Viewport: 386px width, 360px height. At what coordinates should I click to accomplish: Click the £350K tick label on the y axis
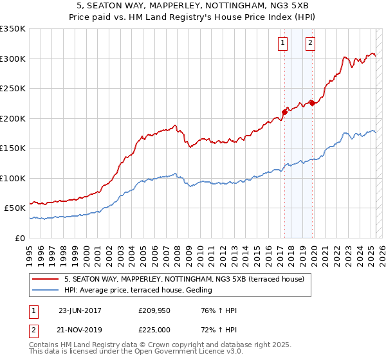(x=13, y=29)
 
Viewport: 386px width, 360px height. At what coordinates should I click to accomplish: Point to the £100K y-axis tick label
(x=13, y=178)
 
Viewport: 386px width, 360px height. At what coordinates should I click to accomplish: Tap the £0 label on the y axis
(x=19, y=238)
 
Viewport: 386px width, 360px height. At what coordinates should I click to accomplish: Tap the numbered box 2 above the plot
(x=310, y=43)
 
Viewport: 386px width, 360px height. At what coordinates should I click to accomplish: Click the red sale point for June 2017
(x=284, y=112)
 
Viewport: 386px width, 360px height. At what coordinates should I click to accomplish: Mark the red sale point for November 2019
(x=311, y=103)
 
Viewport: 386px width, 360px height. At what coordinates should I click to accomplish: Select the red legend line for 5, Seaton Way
(x=46, y=278)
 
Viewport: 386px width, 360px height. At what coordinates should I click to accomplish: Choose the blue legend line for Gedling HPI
(x=46, y=290)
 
